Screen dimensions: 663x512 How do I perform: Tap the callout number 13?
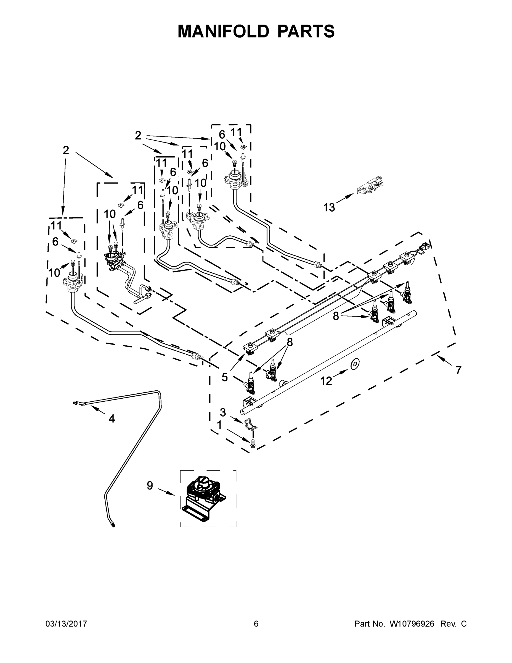(329, 208)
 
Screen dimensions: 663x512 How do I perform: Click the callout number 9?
(150, 485)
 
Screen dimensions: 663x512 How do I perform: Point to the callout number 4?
(112, 419)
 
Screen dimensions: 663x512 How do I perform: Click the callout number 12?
(326, 381)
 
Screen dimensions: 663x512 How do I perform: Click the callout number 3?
(223, 412)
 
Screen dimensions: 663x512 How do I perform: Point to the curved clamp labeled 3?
(250, 424)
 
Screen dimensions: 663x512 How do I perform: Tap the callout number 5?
(224, 377)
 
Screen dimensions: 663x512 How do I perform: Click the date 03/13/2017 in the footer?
(66, 623)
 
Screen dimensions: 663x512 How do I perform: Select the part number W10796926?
(412, 623)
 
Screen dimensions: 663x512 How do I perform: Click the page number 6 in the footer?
(256, 623)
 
